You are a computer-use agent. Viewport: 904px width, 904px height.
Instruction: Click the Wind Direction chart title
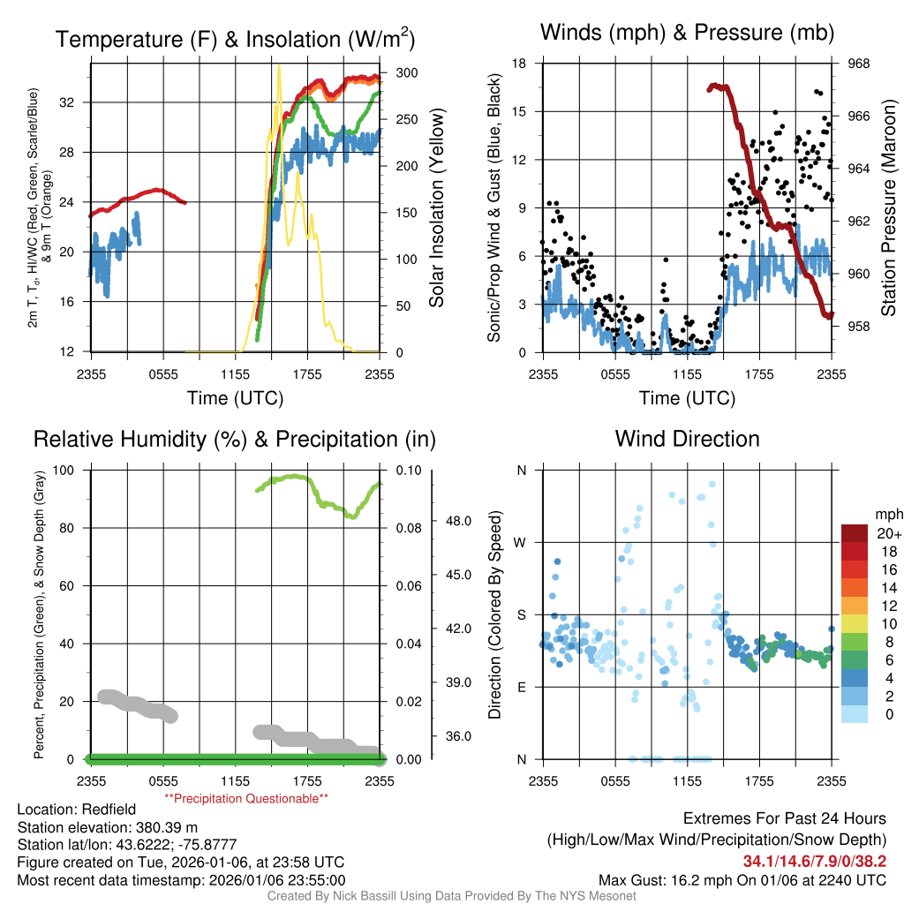[x=687, y=439]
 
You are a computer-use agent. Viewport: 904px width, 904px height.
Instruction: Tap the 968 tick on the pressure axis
[x=859, y=64]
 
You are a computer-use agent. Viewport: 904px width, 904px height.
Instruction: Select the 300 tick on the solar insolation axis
[x=407, y=72]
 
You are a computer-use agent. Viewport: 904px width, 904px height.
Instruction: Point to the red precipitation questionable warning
[x=246, y=798]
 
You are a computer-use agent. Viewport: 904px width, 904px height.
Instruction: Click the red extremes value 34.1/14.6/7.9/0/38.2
[x=814, y=861]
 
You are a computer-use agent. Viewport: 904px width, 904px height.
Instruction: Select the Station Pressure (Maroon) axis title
[x=889, y=208]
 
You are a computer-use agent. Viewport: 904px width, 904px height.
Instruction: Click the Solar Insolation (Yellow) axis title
[x=436, y=208]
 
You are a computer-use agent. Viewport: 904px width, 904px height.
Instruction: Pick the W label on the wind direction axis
[x=522, y=542]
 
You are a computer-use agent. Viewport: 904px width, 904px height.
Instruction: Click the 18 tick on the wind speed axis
[x=520, y=64]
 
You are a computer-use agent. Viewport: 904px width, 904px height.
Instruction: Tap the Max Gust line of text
[x=742, y=879]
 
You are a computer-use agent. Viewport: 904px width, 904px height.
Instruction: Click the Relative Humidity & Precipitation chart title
[x=234, y=439]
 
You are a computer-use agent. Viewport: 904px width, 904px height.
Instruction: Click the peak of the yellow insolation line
[x=279, y=65]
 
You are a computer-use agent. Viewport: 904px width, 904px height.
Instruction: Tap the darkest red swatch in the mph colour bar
[x=855, y=532]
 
